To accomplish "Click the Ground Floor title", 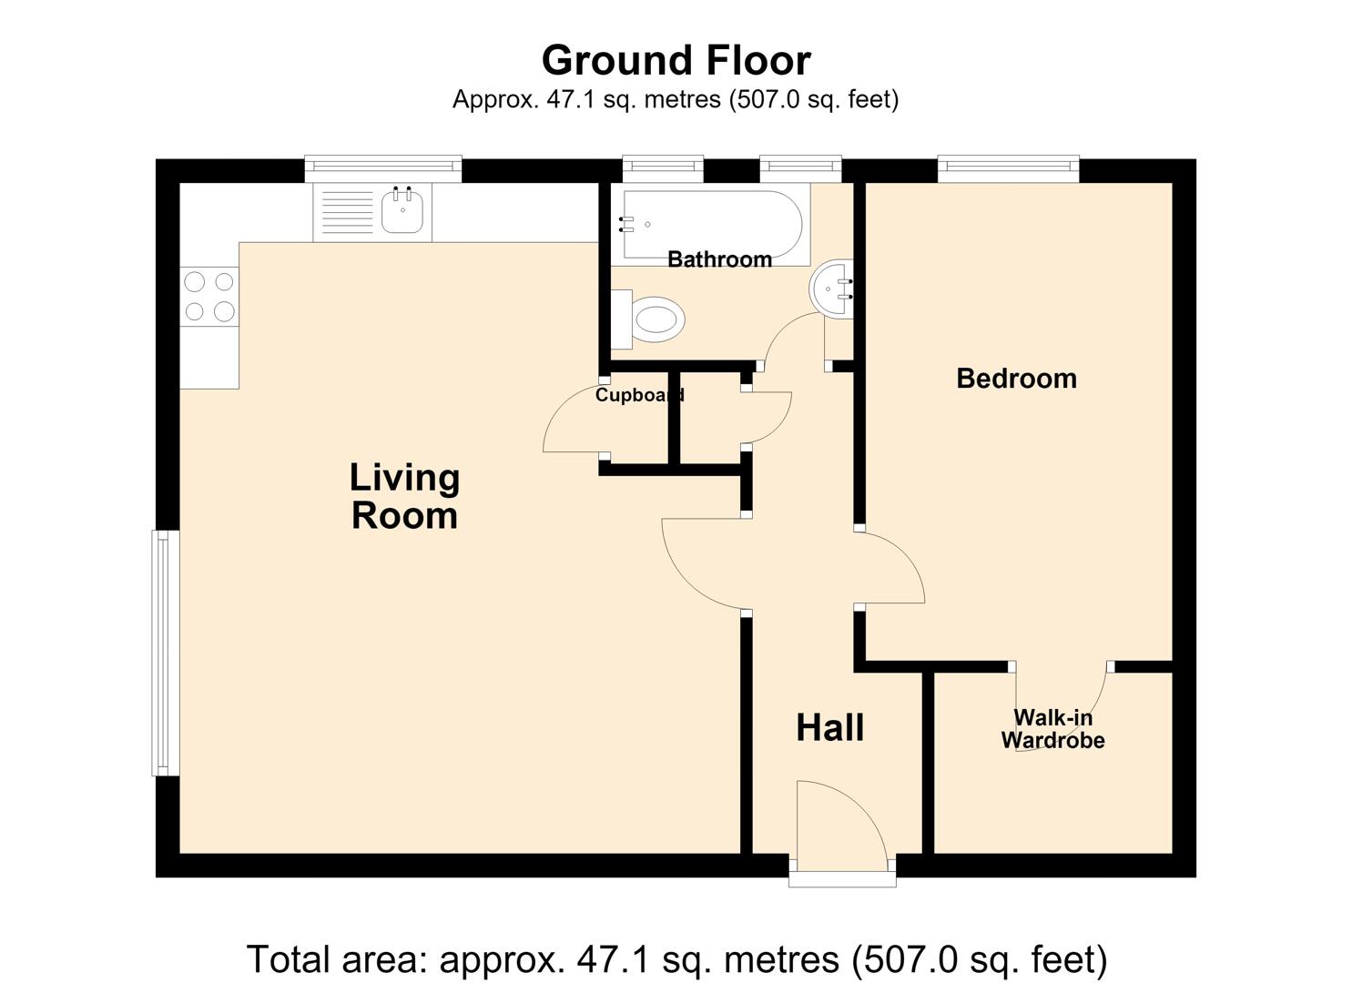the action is pyautogui.click(x=676, y=60).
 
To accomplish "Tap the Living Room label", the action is pyautogui.click(x=404, y=497).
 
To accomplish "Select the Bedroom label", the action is pyautogui.click(x=1016, y=379).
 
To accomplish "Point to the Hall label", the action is pyautogui.click(x=830, y=727).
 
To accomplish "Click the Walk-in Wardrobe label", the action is pyautogui.click(x=1052, y=729).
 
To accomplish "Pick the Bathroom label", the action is pyautogui.click(x=719, y=259).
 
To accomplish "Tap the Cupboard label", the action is pyautogui.click(x=640, y=395).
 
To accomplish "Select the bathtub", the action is pyautogui.click(x=710, y=225).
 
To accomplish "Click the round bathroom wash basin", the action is pyautogui.click(x=831, y=289).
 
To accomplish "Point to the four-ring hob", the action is pyautogui.click(x=208, y=297).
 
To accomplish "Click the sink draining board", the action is pyautogui.click(x=348, y=212).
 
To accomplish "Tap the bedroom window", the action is pyautogui.click(x=1009, y=169).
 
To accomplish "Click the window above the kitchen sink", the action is pyautogui.click(x=383, y=169).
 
